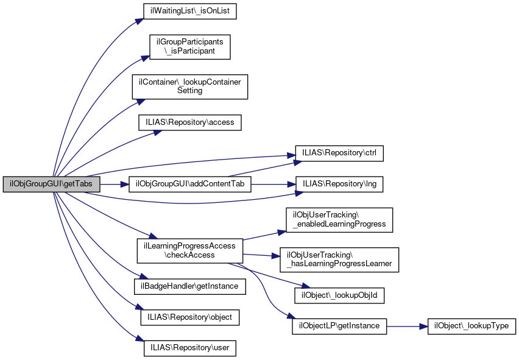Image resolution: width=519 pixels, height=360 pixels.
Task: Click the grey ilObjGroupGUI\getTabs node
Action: (51, 184)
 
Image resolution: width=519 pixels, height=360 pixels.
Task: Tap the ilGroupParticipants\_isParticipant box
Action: (190, 47)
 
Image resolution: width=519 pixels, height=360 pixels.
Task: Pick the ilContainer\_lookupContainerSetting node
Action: (190, 86)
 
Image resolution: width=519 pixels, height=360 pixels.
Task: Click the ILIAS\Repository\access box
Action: (190, 122)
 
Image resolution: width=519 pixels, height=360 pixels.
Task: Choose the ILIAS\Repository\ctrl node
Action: (339, 152)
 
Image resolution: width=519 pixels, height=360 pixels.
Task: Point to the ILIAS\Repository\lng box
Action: (339, 184)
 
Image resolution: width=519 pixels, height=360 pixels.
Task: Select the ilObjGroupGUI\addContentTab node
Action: (190, 184)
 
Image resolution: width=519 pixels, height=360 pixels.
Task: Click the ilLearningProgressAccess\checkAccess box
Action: (190, 250)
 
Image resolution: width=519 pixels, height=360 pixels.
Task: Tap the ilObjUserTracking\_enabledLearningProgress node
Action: (339, 219)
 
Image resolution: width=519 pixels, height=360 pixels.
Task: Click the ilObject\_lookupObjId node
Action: (339, 295)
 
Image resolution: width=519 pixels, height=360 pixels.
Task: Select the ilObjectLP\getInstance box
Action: (339, 326)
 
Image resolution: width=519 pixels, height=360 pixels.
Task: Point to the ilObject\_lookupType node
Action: (472, 326)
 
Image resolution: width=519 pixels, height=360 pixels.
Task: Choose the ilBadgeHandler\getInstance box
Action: (190, 285)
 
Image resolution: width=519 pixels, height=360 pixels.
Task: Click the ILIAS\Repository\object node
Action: (190, 317)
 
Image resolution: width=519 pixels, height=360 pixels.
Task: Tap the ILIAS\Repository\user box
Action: (190, 348)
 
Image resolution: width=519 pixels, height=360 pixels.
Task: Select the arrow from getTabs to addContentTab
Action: (114, 184)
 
